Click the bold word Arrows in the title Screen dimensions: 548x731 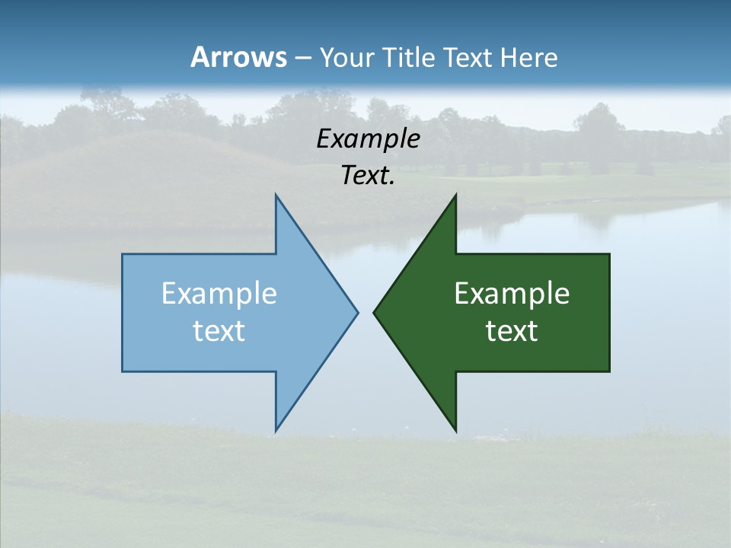(238, 57)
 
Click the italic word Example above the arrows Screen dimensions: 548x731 (368, 139)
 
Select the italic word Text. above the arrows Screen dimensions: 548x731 (368, 176)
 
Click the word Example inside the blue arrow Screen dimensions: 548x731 (219, 293)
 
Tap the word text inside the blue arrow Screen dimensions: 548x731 (219, 331)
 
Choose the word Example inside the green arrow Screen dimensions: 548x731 (512, 293)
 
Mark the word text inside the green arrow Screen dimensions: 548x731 (512, 331)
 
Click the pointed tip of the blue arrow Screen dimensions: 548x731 (357, 312)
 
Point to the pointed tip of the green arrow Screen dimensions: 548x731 (374, 312)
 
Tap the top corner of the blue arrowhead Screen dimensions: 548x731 (276, 195)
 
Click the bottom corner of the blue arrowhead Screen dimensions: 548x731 (276, 432)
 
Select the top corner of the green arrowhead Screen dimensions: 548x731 (455, 195)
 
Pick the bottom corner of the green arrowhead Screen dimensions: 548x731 (455, 432)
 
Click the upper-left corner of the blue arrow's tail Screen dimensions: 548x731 (123, 254)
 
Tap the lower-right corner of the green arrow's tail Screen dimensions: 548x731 (609, 371)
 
